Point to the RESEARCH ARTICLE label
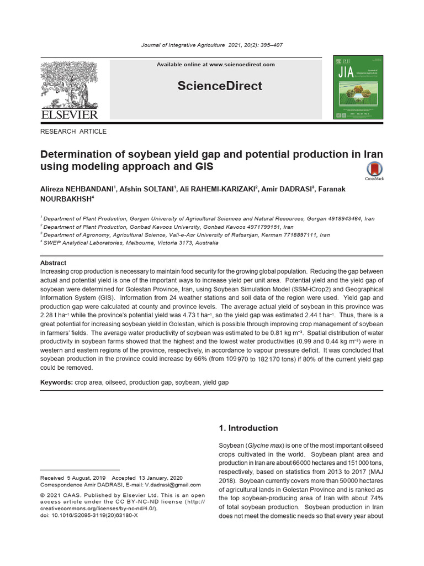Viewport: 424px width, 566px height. coord(73,132)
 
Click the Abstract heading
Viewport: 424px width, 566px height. coord(53,263)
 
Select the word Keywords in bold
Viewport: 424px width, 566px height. coord(56,382)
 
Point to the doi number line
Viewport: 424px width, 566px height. coord(89,515)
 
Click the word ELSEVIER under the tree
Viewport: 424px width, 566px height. coord(69,114)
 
